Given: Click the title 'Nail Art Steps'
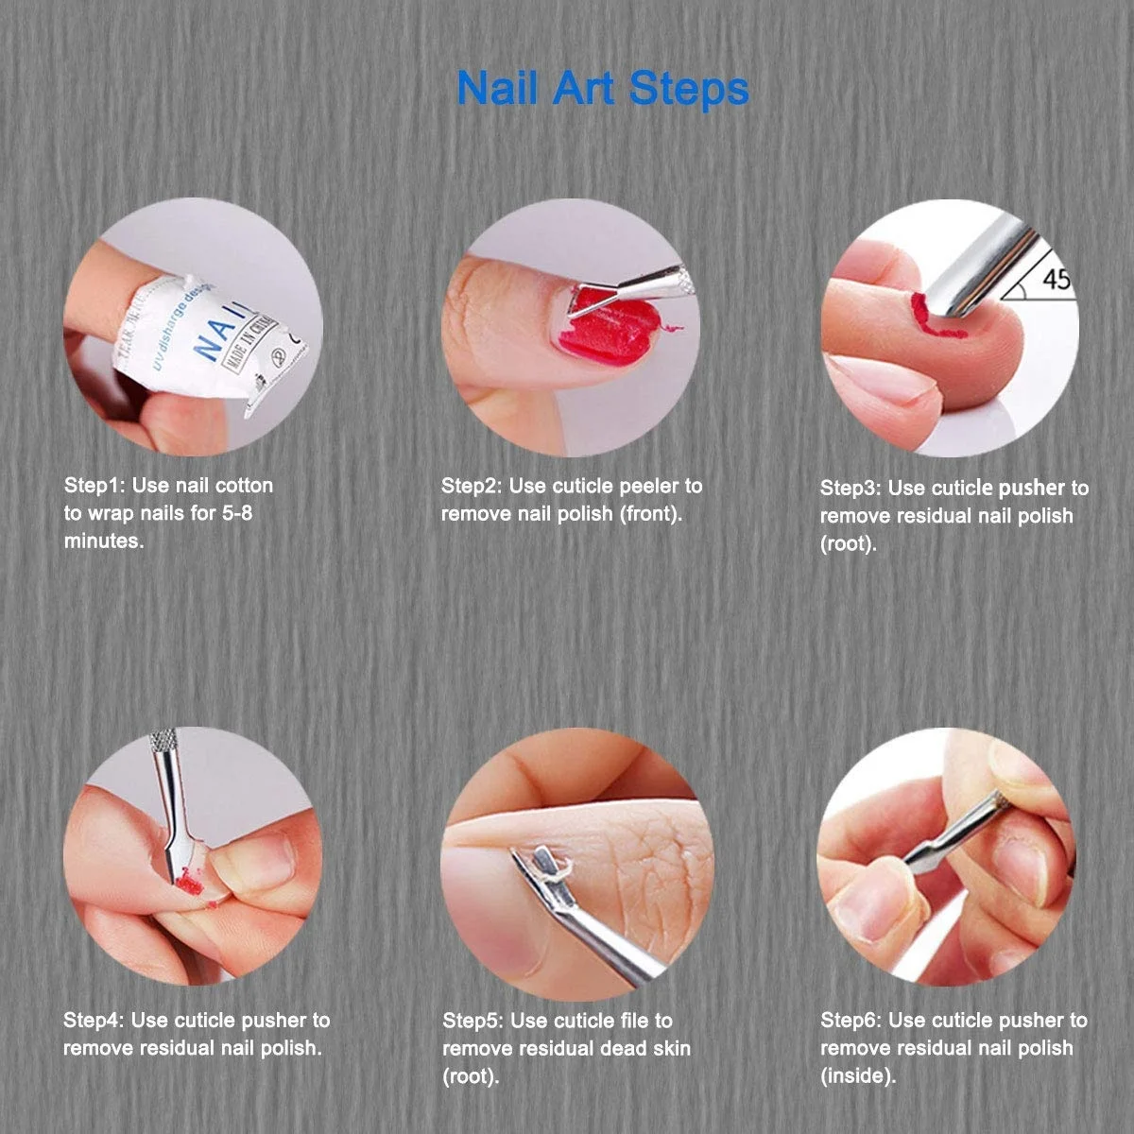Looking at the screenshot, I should (602, 88).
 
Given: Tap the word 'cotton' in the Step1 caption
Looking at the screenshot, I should (244, 486).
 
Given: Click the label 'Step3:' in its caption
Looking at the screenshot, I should (850, 489).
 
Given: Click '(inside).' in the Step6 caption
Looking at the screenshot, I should (857, 1075).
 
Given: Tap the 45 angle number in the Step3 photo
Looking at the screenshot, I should (1057, 280).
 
